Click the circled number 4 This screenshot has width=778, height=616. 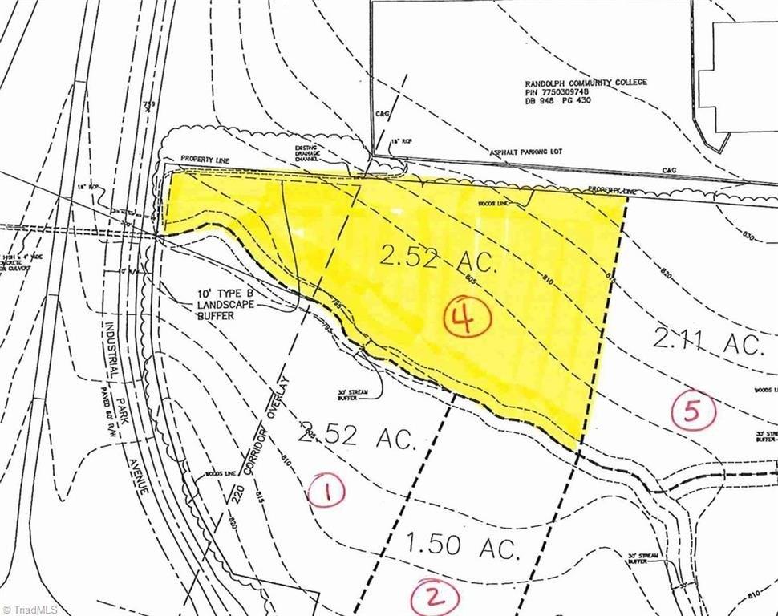[x=467, y=320]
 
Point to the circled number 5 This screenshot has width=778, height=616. [x=692, y=411]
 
